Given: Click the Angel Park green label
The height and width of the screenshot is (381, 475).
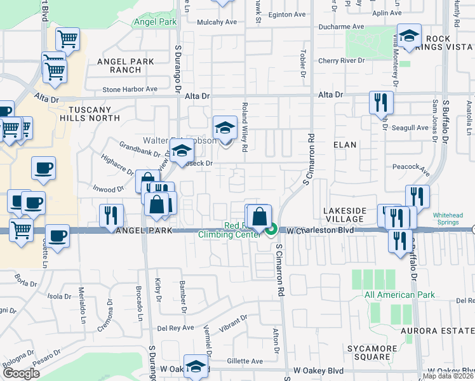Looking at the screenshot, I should pos(155,22).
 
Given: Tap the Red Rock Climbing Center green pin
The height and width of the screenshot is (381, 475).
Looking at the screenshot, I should pos(272,229).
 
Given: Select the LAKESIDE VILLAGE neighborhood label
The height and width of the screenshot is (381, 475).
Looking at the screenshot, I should pos(344,215).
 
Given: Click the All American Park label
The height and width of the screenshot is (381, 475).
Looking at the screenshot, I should pos(399,295).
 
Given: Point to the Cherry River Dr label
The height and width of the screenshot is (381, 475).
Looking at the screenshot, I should pos(342,60).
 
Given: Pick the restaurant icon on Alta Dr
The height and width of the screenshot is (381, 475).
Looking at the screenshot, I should pos(381,102).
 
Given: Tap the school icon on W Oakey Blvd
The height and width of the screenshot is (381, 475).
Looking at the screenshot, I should pos(196,366).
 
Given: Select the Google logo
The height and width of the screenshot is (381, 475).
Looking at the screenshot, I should pos(22,373).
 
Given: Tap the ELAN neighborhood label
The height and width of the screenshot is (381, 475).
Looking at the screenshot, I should pos(345,145).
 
